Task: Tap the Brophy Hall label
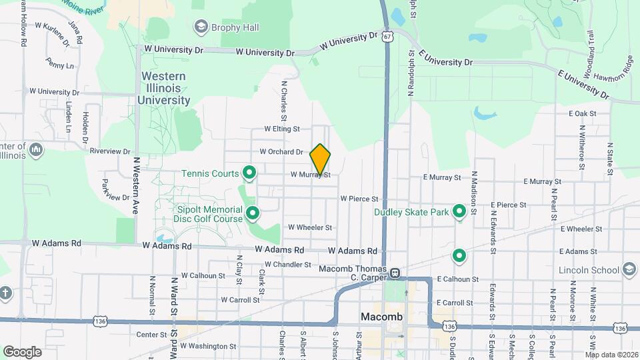click(x=235, y=27)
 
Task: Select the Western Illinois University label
click(x=164, y=88)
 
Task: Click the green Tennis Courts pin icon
click(x=250, y=173)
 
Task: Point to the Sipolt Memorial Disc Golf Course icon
click(x=253, y=213)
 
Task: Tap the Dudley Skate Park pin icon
click(x=459, y=211)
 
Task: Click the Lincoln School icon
click(x=629, y=269)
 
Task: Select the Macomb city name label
click(x=381, y=317)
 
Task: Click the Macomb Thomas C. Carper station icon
click(x=395, y=273)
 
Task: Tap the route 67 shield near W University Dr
click(x=387, y=37)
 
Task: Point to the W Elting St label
click(x=282, y=129)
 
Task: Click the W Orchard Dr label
click(x=281, y=152)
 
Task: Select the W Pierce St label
click(x=359, y=199)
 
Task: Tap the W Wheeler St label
click(x=310, y=227)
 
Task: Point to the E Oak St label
click(x=582, y=113)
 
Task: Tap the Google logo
click(x=23, y=351)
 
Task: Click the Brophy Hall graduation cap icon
click(x=200, y=27)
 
